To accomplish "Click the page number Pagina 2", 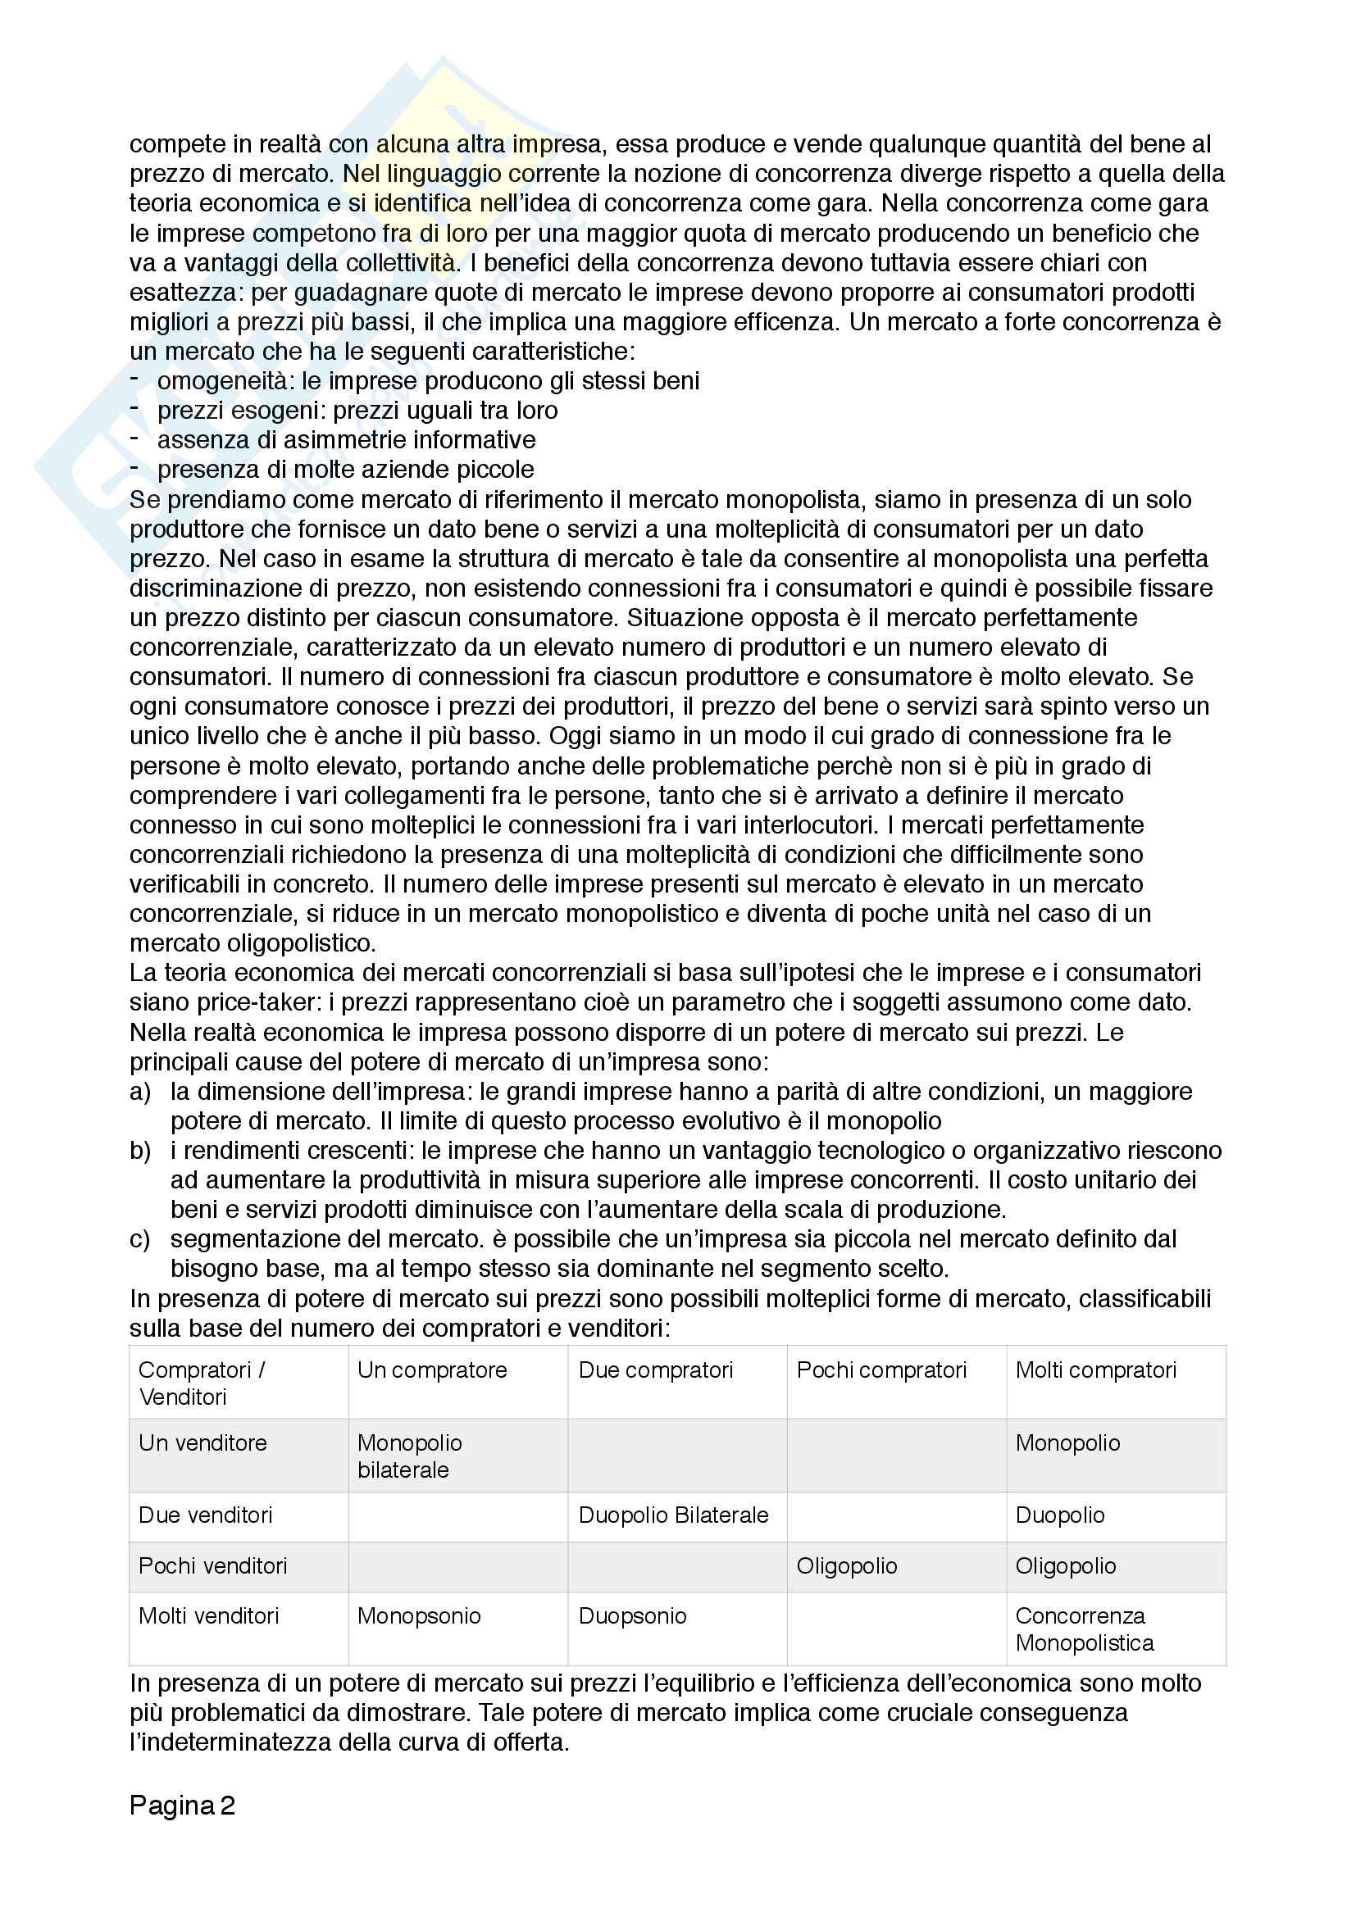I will click(182, 1805).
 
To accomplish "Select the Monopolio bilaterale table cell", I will click(409, 1456).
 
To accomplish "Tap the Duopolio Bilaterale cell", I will click(673, 1515).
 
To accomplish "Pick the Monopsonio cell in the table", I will click(418, 1615).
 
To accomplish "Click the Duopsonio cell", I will click(632, 1615).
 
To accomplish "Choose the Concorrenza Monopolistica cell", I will click(1084, 1629).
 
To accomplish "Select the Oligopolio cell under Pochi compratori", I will click(847, 1565).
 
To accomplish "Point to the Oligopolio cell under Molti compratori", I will click(1066, 1565).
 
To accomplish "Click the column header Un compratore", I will click(432, 1370).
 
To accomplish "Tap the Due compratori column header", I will click(656, 1370).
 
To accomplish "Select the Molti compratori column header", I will click(1095, 1370).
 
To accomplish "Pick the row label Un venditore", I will click(202, 1442).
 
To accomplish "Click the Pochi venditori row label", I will click(213, 1565).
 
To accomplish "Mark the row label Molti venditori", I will click(209, 1615).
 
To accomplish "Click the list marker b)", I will click(140, 1151).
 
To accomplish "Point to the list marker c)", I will click(140, 1239).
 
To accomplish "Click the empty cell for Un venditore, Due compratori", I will click(677, 1456).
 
